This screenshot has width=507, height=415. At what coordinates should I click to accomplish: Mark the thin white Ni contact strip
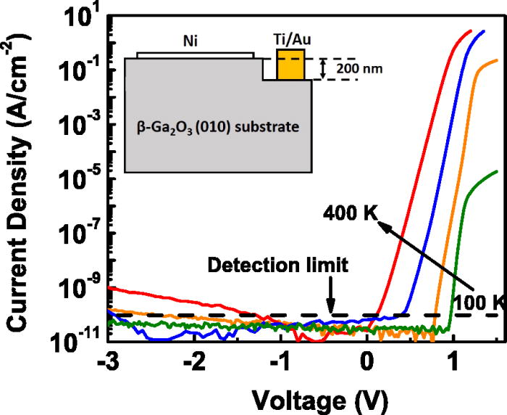[194, 55]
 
